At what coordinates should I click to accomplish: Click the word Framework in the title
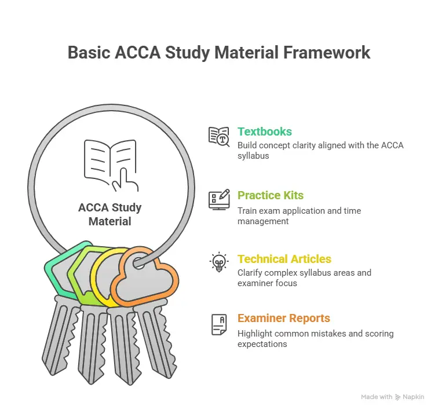pos(327,52)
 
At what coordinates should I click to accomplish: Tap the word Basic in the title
pos(89,52)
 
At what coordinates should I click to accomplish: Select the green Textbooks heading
pos(265,131)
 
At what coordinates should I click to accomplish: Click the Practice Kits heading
pos(271,195)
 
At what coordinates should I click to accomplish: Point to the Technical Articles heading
pos(284,259)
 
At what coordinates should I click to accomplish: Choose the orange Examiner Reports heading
pos(284,318)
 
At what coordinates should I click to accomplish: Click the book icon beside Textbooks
pos(219,137)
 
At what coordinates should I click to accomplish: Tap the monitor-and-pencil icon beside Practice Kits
pos(219,199)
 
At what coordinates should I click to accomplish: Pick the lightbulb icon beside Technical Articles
pos(219,262)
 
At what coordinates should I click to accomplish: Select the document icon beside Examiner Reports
pos(219,324)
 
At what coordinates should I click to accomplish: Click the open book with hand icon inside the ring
pos(111,165)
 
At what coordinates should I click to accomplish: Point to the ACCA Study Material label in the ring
pos(110,214)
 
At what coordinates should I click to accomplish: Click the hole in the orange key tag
pos(139,264)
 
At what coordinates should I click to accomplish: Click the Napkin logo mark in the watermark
pos(398,397)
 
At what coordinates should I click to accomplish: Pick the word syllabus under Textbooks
pos(253,156)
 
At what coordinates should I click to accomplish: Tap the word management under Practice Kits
pos(263,221)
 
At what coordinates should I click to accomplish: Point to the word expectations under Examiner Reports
pos(262,344)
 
